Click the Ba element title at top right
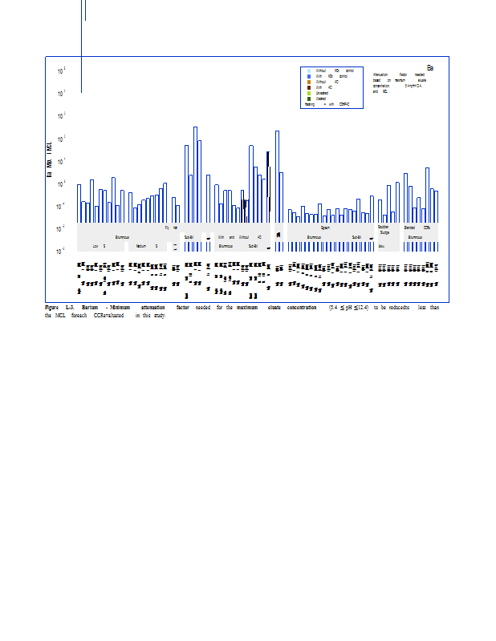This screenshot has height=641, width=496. click(429, 68)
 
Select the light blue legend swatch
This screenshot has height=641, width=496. click(309, 71)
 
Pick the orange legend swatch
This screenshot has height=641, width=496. click(309, 82)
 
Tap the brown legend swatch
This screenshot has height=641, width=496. click(309, 87)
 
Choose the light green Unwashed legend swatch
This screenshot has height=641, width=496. click(309, 93)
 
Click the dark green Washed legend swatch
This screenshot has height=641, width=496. click(309, 99)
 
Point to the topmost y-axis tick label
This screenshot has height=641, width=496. click(62, 71)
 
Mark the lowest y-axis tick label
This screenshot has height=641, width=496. click(62, 252)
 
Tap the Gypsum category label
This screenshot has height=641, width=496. click(325, 228)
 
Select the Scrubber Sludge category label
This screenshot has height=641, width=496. click(384, 230)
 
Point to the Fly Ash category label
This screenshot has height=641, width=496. click(171, 228)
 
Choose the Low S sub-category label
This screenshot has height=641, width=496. click(99, 246)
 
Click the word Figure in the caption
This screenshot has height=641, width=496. click(52, 308)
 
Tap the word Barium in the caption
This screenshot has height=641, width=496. click(90, 308)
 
